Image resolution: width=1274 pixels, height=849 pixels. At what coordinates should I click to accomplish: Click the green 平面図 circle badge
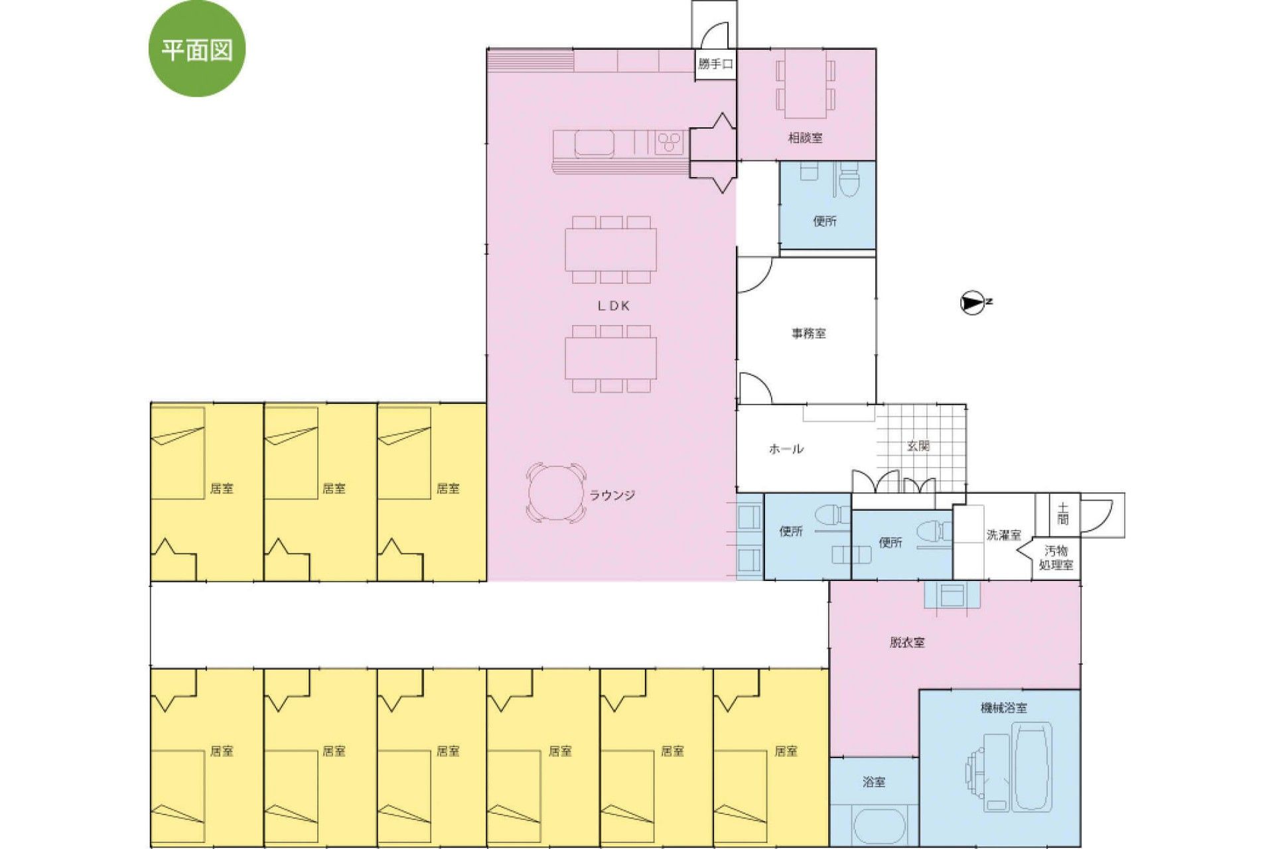point(197,49)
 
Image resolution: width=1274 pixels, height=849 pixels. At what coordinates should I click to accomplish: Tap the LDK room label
point(613,306)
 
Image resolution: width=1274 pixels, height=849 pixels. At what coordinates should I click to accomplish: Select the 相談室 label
point(805,138)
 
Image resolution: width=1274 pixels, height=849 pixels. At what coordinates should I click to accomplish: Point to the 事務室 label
point(808,334)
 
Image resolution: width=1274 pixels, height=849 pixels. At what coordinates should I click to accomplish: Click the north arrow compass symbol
point(972,302)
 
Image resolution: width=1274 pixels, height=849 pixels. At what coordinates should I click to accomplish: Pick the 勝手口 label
point(715,64)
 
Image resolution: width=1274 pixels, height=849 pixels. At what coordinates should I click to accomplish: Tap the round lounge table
point(552,493)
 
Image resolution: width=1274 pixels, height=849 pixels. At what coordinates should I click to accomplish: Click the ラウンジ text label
point(612,495)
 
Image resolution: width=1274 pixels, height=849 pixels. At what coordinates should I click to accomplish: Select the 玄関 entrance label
point(918,446)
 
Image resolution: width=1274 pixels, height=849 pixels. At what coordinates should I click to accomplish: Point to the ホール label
point(786,449)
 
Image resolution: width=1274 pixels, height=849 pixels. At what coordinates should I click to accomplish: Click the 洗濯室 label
point(1003,535)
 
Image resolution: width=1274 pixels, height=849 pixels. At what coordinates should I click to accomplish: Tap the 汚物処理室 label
point(1056,558)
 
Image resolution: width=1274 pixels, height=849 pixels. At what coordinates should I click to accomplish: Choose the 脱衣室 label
point(907,642)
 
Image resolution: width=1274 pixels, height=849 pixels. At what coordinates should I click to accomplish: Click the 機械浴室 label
point(1004,708)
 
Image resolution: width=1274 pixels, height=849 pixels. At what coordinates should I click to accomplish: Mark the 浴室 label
point(874,782)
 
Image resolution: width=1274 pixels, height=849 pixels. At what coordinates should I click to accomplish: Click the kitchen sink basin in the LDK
point(594,143)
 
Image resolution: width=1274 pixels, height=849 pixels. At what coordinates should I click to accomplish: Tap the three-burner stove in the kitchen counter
point(670,143)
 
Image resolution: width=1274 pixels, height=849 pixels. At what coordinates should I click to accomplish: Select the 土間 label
point(1063,514)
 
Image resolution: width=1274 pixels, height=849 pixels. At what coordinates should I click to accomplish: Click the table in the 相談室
point(806,84)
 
